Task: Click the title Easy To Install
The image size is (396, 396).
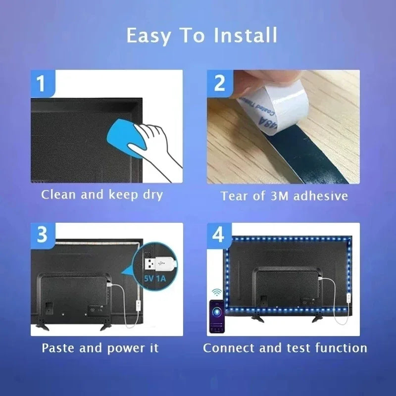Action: tap(201, 36)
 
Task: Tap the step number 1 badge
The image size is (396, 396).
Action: tap(42, 83)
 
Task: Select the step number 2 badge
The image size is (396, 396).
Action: tap(219, 83)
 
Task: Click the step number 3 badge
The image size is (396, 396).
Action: tap(42, 235)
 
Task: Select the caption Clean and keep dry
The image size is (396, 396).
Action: tap(102, 195)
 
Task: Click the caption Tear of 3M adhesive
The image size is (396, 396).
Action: tap(284, 196)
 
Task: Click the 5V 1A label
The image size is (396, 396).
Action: tap(155, 279)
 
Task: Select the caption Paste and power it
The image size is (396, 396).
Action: tap(100, 347)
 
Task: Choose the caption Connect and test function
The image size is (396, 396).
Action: tap(285, 347)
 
